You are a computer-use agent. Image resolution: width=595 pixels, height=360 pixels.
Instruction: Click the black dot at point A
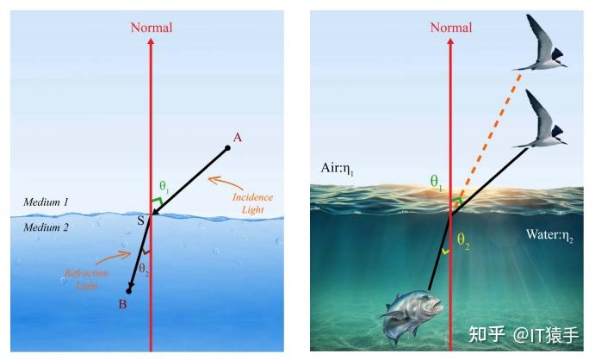point(227,148)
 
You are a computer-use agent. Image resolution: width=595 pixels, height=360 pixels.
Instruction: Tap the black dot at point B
point(128,291)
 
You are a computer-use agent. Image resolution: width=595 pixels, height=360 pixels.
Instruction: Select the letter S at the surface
point(140,220)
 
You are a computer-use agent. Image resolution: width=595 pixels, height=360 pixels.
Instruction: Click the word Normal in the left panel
point(152,28)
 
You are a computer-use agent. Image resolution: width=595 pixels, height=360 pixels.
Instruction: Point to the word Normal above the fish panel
point(451,28)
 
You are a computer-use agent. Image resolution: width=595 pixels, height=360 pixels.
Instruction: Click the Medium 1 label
point(46,202)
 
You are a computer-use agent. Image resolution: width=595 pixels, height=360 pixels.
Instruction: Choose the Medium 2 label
point(46,227)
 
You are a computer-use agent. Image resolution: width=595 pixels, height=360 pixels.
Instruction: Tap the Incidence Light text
point(252,203)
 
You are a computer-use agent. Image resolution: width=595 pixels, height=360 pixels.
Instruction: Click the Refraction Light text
point(86,279)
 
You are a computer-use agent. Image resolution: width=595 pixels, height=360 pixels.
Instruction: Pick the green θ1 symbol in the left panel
point(164,186)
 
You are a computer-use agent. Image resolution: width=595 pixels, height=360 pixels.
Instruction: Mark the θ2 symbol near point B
point(144,269)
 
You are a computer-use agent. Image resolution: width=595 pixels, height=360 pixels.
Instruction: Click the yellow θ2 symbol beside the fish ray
point(463,240)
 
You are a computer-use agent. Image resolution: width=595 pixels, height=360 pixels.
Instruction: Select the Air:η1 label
point(337,169)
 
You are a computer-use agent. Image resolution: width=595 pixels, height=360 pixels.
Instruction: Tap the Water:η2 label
point(549,235)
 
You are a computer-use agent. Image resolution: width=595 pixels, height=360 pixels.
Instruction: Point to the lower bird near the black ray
point(540,119)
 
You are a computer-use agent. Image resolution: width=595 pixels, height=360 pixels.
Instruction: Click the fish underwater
point(413,313)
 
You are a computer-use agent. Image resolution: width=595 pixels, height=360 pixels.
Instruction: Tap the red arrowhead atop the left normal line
point(151,41)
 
